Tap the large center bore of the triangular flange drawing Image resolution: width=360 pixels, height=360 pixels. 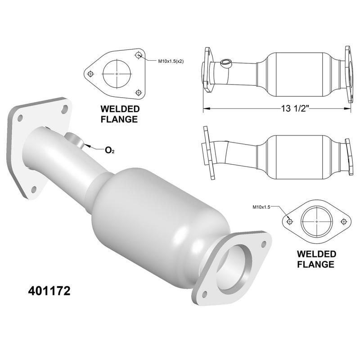(x=117, y=73)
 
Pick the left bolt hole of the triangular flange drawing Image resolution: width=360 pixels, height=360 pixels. (x=90, y=73)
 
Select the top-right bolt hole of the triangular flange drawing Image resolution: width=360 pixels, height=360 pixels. (x=139, y=55)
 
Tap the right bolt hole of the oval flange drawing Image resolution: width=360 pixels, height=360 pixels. (x=344, y=221)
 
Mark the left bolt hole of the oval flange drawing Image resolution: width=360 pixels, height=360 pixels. (x=290, y=221)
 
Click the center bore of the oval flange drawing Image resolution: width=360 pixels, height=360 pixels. (x=317, y=222)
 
